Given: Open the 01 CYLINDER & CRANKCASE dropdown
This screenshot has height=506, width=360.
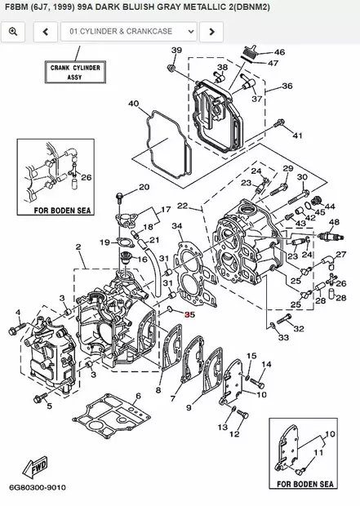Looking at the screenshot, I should (x=129, y=32).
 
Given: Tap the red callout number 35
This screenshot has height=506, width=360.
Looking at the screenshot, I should (x=189, y=313).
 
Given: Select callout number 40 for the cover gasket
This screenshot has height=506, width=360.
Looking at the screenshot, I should (x=134, y=104).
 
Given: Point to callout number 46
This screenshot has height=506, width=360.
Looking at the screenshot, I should (x=279, y=52).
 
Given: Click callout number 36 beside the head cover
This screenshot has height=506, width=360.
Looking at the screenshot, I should (x=287, y=86).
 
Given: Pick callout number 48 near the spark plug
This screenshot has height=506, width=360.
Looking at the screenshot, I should (x=333, y=222).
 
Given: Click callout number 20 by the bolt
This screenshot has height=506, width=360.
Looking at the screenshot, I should (x=144, y=187).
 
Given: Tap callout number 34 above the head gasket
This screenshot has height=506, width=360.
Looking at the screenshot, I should (x=176, y=226).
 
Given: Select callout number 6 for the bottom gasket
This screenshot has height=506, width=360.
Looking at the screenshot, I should (x=138, y=396).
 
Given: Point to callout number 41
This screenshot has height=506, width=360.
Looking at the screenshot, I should (x=297, y=135).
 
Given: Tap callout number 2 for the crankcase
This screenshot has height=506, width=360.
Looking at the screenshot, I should (x=78, y=246).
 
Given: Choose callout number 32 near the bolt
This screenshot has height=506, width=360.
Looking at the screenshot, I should (x=299, y=328).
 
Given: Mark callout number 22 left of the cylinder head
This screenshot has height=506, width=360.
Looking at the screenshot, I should (x=182, y=205).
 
